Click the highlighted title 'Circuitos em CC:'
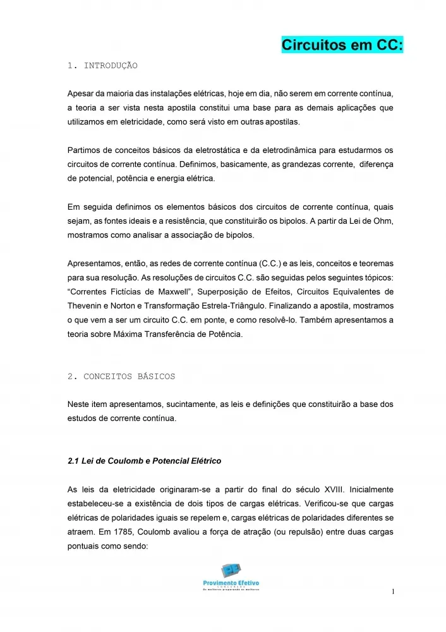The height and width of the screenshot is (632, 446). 342,46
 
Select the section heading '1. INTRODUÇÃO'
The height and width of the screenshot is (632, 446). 102,66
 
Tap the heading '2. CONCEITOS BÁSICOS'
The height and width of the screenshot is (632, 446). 121,376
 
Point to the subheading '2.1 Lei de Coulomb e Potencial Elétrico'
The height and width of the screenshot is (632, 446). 144,461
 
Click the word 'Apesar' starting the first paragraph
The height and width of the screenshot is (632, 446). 80,94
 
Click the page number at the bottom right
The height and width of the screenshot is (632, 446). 392,592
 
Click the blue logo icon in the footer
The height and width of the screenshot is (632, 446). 231,570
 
